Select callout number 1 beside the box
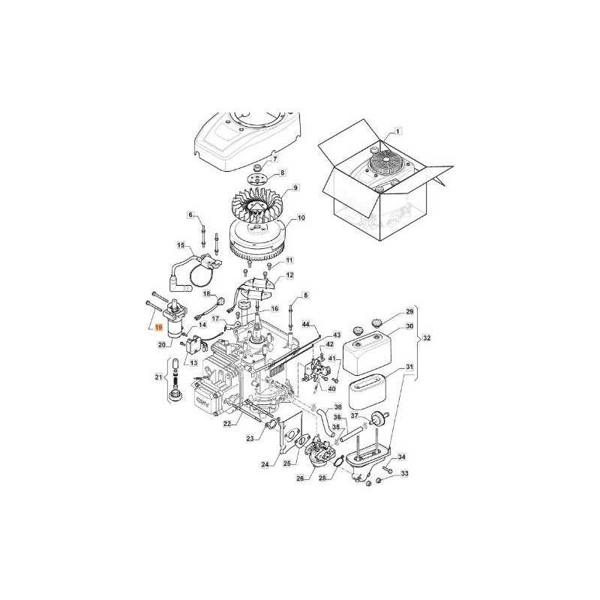[x=397, y=130]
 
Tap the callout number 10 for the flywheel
[x=301, y=218]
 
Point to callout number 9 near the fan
[x=296, y=187]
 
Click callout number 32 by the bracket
[x=427, y=338]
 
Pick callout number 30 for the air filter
[x=409, y=326]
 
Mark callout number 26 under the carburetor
[x=301, y=478]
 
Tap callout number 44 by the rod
[x=306, y=323]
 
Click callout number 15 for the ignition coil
[x=181, y=245]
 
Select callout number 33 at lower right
[x=405, y=473]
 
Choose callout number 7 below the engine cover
[x=274, y=159]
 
